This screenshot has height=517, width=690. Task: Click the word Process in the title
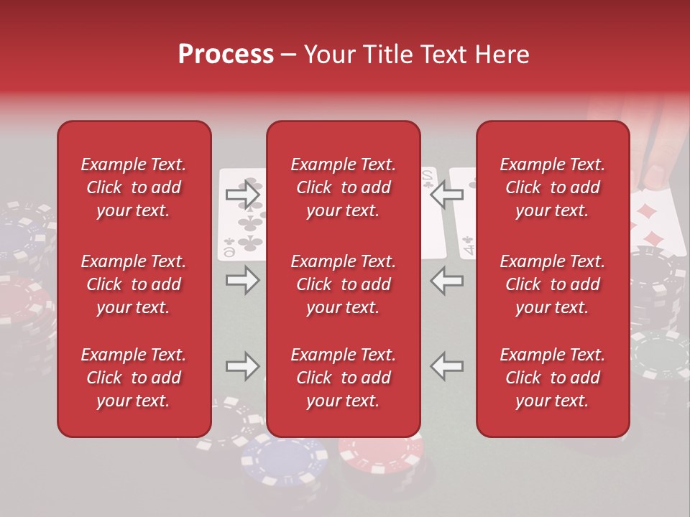(226, 55)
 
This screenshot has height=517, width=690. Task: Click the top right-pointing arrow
(242, 194)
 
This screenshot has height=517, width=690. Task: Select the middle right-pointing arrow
(242, 280)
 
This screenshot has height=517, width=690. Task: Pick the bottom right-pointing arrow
(242, 366)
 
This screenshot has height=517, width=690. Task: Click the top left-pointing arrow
(447, 194)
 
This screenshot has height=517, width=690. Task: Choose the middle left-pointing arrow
(447, 280)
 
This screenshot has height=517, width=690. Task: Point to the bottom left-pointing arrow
(447, 366)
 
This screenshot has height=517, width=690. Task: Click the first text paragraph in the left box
(134, 187)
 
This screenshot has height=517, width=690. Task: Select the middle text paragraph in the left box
(134, 284)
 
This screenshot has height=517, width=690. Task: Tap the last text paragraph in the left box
(134, 378)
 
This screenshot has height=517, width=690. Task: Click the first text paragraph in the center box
(343, 187)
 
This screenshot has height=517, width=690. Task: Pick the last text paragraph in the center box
(343, 378)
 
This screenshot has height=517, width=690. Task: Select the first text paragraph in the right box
(552, 187)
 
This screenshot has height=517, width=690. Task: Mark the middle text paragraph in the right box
(552, 284)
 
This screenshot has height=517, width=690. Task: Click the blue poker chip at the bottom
(284, 460)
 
